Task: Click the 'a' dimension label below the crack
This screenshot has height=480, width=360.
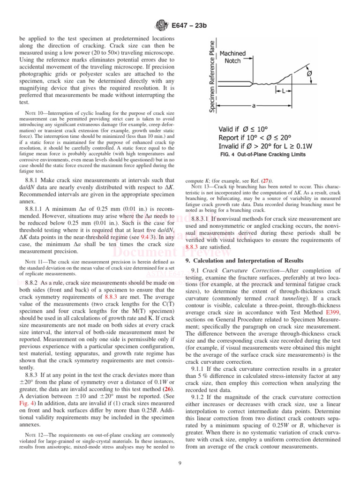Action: point(254,106)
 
